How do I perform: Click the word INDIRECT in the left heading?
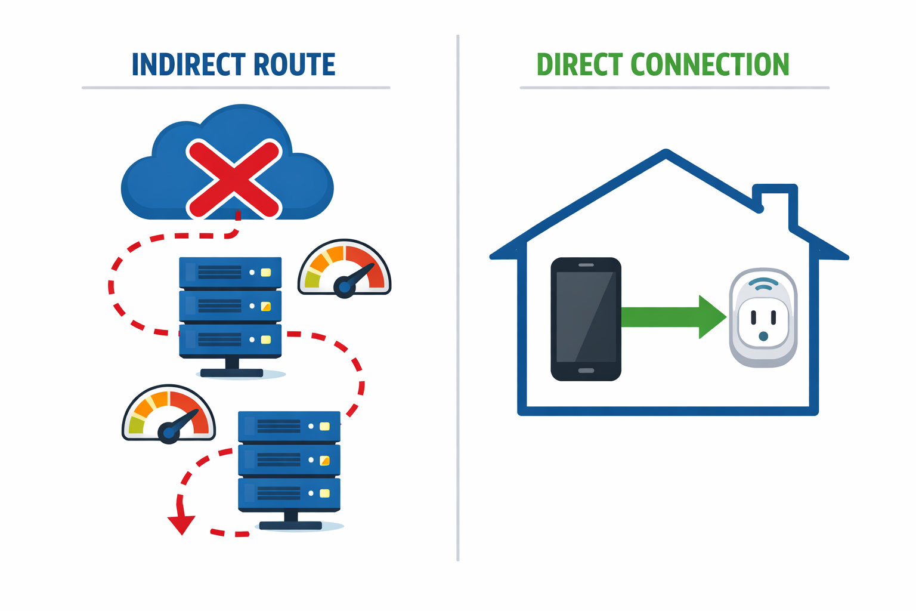tap(188, 65)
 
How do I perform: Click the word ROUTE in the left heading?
tap(294, 65)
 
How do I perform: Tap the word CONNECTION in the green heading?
tap(710, 65)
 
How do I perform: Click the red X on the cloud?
tap(234, 178)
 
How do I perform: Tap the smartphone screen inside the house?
tap(586, 317)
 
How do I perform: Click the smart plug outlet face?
tap(763, 322)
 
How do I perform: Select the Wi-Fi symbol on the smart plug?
tap(763, 284)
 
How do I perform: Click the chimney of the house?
tap(775, 203)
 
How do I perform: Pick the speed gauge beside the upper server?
tap(345, 269)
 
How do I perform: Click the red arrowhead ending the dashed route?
tap(181, 524)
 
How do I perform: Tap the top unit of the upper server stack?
tap(230, 272)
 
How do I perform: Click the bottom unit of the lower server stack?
tap(289, 493)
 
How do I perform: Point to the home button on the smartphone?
tap(586, 371)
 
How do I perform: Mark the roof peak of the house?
tap(666, 153)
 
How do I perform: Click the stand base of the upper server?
tap(231, 373)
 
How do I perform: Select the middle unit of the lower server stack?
tap(289, 460)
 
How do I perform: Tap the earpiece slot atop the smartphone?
tap(586, 265)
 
